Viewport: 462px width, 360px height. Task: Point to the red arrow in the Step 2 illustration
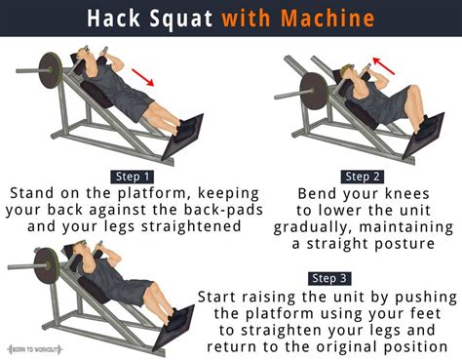click(385, 67)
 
